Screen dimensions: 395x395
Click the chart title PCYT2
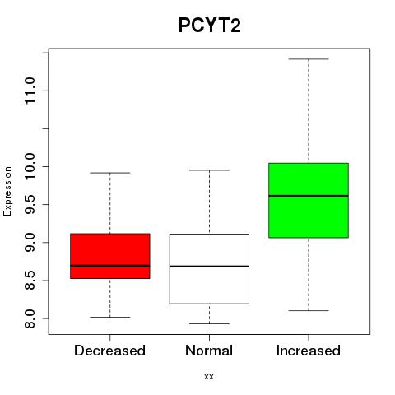210,26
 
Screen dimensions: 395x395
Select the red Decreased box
110,256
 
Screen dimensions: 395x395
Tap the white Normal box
209,269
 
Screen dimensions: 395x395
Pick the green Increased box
309,200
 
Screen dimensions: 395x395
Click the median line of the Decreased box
110,266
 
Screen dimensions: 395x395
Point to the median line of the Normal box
209,267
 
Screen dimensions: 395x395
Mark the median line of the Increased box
309,196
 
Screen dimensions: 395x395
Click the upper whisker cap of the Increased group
309,59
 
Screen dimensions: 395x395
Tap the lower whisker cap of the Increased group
309,310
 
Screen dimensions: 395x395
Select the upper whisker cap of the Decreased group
110,173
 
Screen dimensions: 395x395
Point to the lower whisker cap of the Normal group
209,323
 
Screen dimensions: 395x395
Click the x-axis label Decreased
109,351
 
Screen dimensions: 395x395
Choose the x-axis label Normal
209,351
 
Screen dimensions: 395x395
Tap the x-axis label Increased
309,351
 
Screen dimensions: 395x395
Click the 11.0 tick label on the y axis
30,91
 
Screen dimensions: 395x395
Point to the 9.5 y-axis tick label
30,204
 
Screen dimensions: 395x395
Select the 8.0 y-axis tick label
30,318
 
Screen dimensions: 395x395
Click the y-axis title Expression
7,192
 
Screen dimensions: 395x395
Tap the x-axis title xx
209,377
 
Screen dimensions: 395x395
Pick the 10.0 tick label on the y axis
30,166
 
